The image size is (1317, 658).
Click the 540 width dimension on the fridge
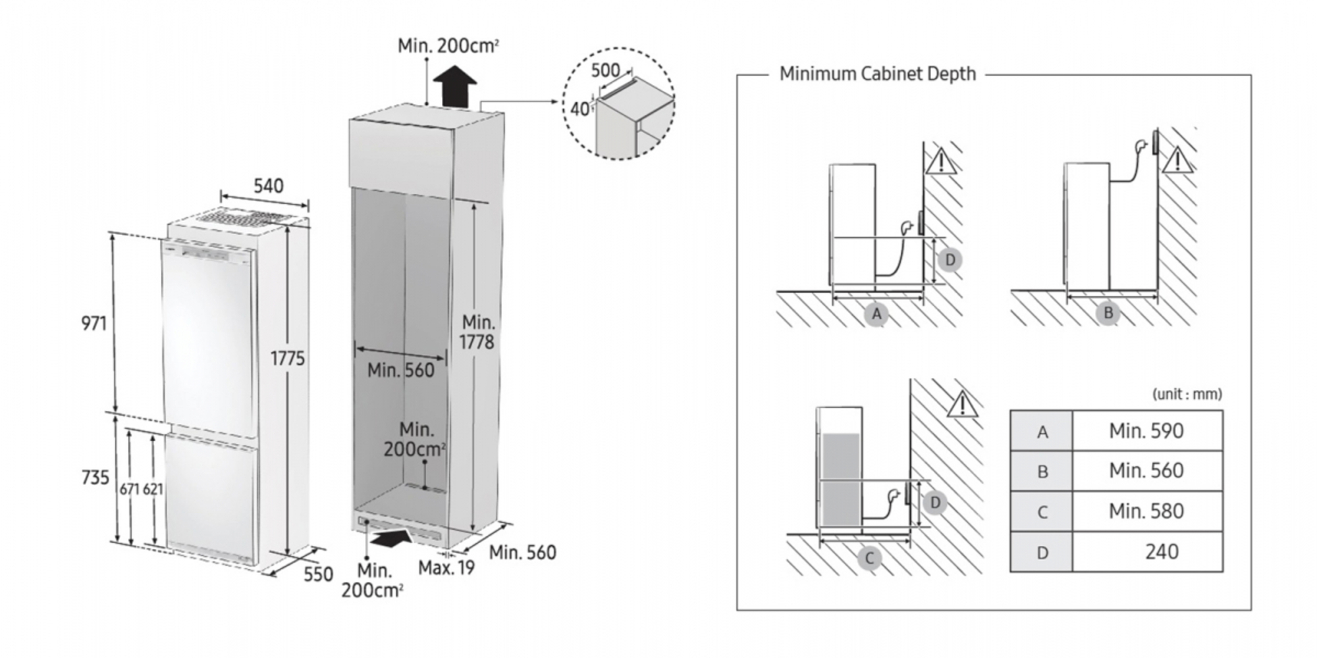pos(269,186)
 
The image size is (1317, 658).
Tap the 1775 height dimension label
pos(288,359)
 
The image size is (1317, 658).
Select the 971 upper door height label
pos(94,324)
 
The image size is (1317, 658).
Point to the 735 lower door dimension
pos(95,478)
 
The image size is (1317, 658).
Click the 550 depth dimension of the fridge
pos(318,574)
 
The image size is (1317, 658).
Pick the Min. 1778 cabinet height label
pos(477,332)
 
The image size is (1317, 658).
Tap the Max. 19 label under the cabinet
pos(446,567)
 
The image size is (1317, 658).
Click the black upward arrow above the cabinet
pos(455,85)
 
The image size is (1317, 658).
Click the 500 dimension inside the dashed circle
pos(605,70)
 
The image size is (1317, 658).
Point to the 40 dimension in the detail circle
pos(579,109)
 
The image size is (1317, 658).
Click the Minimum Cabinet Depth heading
pos(877,74)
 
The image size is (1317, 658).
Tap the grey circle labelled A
pos(876,315)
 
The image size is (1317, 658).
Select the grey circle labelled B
pos(1108,313)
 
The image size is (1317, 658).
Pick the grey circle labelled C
pos(869,559)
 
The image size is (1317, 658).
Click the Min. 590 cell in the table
pos(1146,431)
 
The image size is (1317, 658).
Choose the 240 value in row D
pos(1161,551)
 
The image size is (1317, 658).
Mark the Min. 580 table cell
pos(1146,511)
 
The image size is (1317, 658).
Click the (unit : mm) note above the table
pos(1187,394)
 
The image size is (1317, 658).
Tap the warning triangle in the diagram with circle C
pos(962,404)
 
